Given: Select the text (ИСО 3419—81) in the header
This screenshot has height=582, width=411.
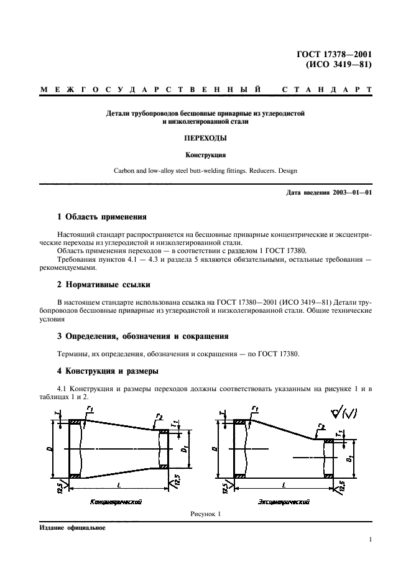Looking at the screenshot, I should pos(338,64).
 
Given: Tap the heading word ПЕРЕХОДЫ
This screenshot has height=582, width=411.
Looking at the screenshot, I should pos(206,139).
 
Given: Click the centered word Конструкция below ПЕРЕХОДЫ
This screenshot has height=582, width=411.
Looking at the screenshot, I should pos(206,155).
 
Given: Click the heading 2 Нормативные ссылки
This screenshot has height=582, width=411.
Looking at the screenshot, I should pos(103,287).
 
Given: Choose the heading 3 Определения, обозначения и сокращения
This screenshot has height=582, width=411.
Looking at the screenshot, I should pos(142,336).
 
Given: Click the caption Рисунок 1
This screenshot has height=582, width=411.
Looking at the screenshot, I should pos(206,514).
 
